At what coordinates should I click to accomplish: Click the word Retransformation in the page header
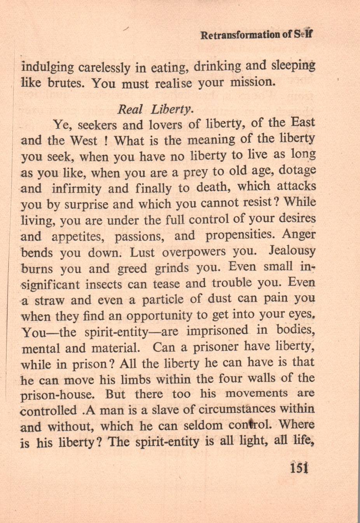tap(240, 35)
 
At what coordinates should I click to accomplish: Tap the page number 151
tap(299, 467)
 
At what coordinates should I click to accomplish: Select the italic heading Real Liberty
tap(155, 109)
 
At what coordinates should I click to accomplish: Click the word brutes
tap(66, 84)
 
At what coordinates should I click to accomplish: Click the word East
tap(303, 122)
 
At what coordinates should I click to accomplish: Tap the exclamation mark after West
tap(105, 141)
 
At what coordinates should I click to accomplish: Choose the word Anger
tap(299, 235)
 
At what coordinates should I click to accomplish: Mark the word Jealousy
tap(292, 251)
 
